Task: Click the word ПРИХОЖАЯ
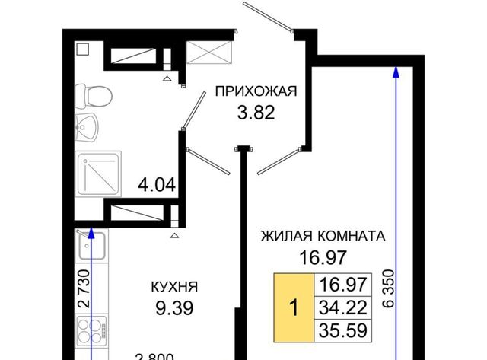256,91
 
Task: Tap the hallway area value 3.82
256,113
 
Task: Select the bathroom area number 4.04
157,185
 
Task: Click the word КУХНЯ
174,287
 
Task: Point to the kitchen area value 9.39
174,308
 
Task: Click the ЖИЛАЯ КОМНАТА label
323,236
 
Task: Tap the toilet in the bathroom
94,97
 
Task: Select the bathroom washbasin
87,128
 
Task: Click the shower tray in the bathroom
98,174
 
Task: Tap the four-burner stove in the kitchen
92,331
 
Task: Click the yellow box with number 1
294,307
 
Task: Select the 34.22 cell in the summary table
343,307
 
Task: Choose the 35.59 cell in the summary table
343,330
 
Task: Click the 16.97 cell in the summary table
343,285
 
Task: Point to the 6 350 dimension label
389,288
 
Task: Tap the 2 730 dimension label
84,288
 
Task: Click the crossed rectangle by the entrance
209,53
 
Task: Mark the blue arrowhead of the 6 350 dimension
396,72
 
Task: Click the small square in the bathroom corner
82,49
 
